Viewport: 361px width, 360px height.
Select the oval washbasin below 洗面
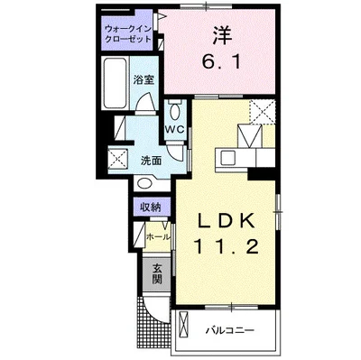pos(144,181)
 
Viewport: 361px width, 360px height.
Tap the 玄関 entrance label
pos(157,273)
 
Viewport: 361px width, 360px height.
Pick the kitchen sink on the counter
pos(224,157)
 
